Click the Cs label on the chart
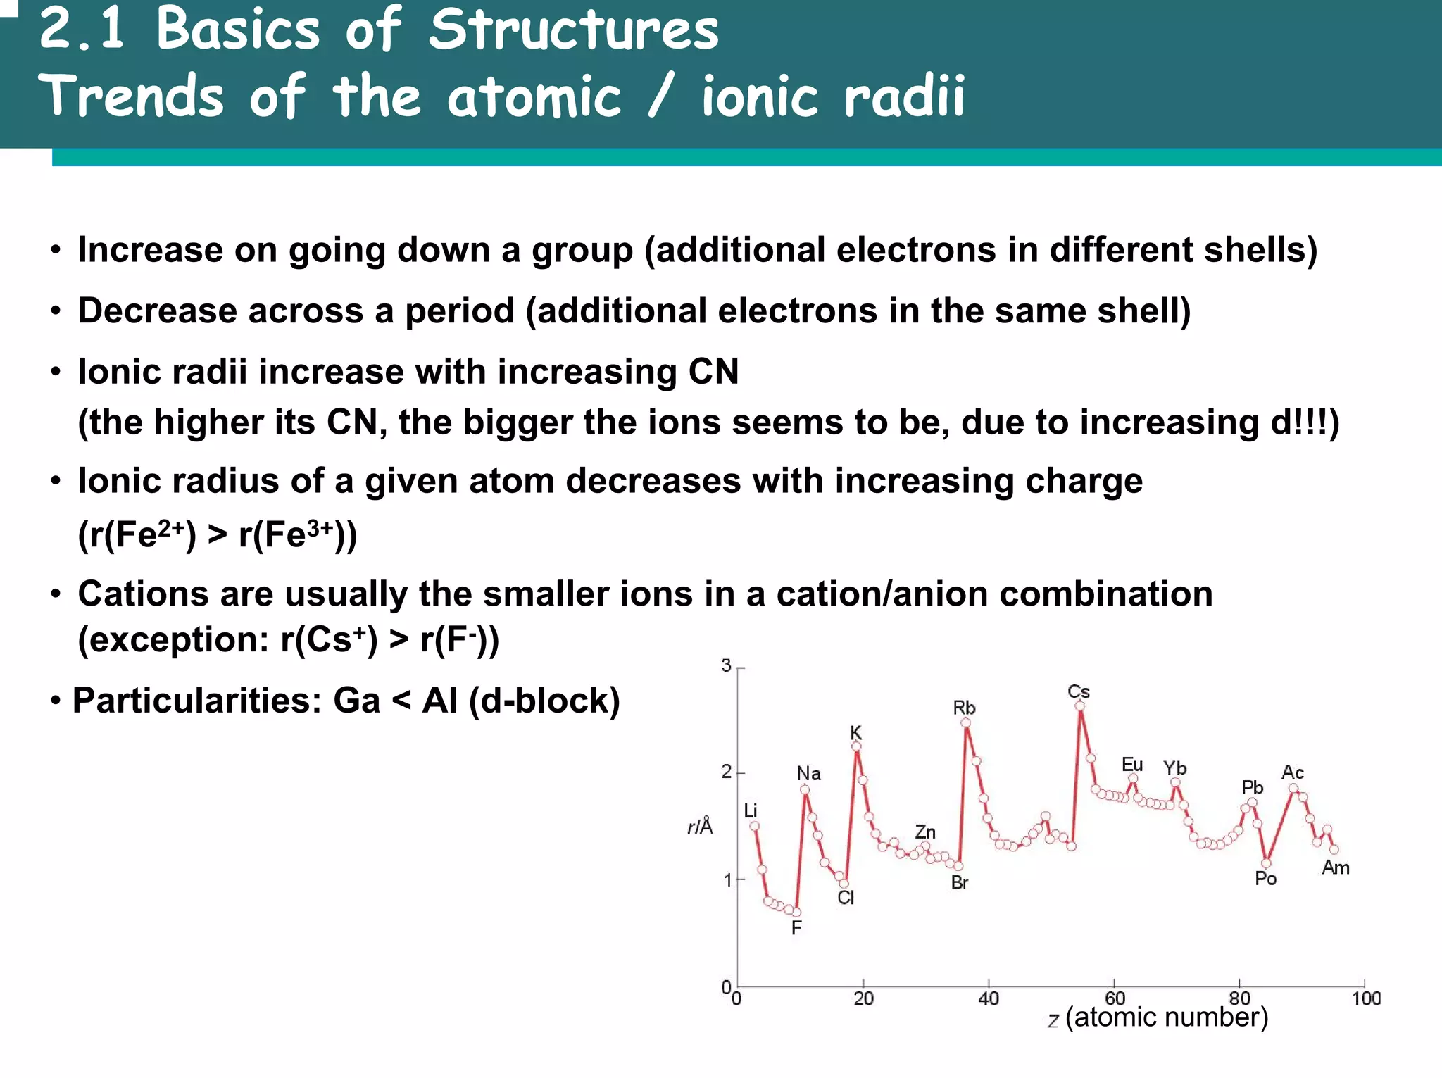pyautogui.click(x=1078, y=691)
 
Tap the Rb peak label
pyautogui.click(x=964, y=708)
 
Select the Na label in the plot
pyautogui.click(x=808, y=773)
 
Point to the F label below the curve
pyautogui.click(x=796, y=928)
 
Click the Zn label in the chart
pyautogui.click(x=924, y=832)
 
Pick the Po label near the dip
pyautogui.click(x=1265, y=879)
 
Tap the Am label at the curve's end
pyautogui.click(x=1335, y=867)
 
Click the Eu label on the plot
pyautogui.click(x=1131, y=765)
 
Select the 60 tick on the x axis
pyautogui.click(x=1115, y=998)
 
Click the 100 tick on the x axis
pyautogui.click(x=1366, y=998)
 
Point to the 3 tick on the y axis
pyautogui.click(x=727, y=665)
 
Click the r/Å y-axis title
pyautogui.click(x=700, y=826)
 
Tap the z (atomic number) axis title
pyautogui.click(x=1158, y=1017)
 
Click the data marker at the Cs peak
pyautogui.click(x=1079, y=706)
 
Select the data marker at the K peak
pyautogui.click(x=856, y=746)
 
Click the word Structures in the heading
pyautogui.click(x=574, y=30)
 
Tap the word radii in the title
pyautogui.click(x=904, y=96)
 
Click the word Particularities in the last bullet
pyautogui.click(x=197, y=701)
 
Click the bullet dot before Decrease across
pyautogui.click(x=56, y=311)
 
